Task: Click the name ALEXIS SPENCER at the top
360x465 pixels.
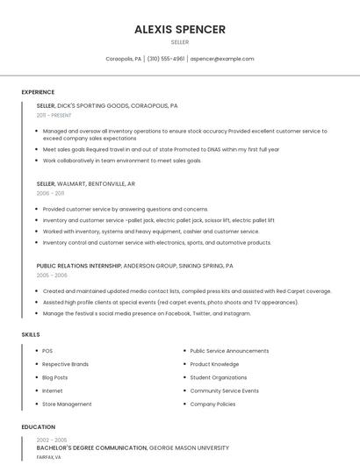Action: pyautogui.click(x=179, y=29)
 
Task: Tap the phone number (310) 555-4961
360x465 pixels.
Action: pyautogui.click(x=166, y=59)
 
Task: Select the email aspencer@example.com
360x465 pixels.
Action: pyautogui.click(x=222, y=59)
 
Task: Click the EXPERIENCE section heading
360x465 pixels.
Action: pyautogui.click(x=38, y=92)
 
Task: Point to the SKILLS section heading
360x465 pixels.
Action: pyautogui.click(x=31, y=334)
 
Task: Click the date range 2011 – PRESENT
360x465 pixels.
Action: pyautogui.click(x=54, y=115)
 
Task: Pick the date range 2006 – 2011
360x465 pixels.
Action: pyautogui.click(x=50, y=193)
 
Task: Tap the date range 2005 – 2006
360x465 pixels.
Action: pyautogui.click(x=51, y=275)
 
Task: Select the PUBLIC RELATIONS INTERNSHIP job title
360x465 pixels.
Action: pyautogui.click(x=78, y=265)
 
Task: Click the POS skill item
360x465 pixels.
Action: pyautogui.click(x=47, y=351)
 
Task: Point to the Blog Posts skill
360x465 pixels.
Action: pyautogui.click(x=54, y=377)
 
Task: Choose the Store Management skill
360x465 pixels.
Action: pyautogui.click(x=67, y=404)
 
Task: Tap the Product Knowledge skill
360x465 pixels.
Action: pyautogui.click(x=214, y=364)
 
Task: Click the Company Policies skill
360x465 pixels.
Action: pyautogui.click(x=212, y=404)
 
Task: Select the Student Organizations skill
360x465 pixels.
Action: pyautogui.click(x=219, y=377)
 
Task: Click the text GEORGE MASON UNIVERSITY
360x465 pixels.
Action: pyautogui.click(x=189, y=447)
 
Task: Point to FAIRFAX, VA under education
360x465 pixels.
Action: pyautogui.click(x=48, y=456)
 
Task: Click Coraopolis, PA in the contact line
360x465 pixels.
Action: pyautogui.click(x=124, y=59)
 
